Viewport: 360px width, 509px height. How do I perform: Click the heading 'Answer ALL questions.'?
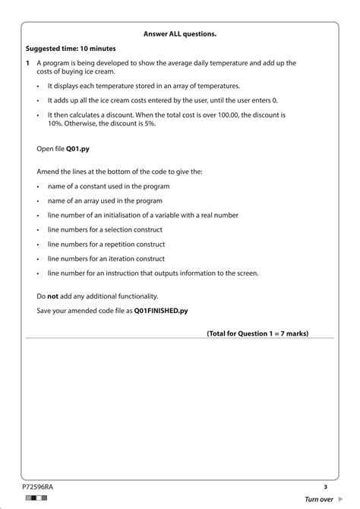tap(180, 33)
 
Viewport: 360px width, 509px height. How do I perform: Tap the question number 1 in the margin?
tap(27, 63)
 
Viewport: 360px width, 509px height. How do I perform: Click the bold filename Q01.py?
tap(78, 150)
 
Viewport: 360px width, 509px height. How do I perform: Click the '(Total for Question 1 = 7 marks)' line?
tap(257, 333)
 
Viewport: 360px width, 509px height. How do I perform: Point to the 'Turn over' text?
tap(318, 499)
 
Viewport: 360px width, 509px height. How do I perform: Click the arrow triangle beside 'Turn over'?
tap(339, 499)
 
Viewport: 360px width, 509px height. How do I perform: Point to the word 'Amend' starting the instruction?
tap(49, 172)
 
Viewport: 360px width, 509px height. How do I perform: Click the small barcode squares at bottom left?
tap(35, 498)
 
